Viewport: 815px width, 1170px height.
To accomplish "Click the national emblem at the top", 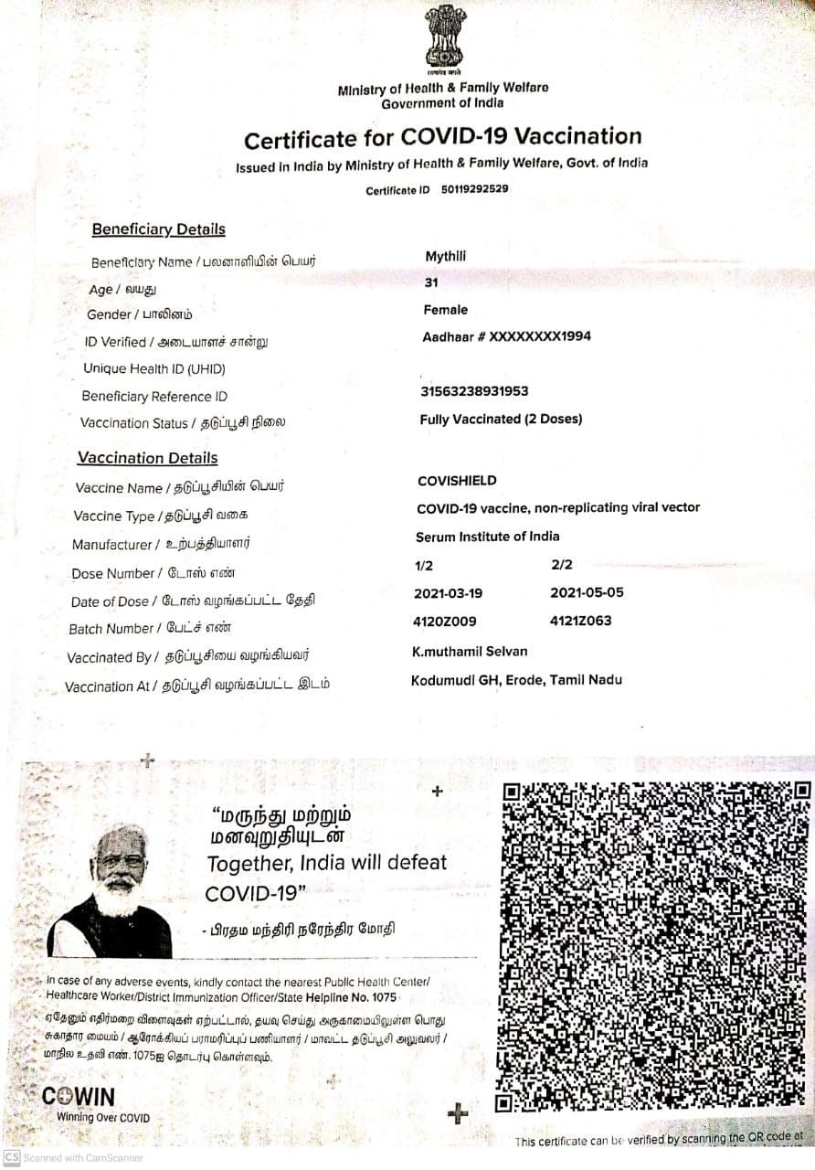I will [444, 40].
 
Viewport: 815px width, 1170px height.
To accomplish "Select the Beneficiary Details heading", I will [158, 229].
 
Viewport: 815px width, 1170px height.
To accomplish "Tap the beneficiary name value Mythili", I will [445, 257].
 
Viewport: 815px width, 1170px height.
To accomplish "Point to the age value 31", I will [431, 283].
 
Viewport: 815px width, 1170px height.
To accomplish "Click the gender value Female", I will [445, 310].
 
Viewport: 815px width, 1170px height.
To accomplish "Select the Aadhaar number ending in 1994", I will [506, 336].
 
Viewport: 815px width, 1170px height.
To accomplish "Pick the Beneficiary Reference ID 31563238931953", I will [474, 391].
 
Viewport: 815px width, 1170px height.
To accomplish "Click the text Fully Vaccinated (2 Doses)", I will [501, 420].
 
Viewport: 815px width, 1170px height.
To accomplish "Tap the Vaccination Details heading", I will [147, 458].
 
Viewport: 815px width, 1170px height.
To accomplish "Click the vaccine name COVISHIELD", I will [457, 481].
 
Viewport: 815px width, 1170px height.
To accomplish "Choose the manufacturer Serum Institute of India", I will [487, 537].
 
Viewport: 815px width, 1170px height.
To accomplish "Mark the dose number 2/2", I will [562, 565].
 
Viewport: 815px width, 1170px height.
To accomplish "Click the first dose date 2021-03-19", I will [448, 593].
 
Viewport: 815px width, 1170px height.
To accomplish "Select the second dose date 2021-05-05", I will [587, 592].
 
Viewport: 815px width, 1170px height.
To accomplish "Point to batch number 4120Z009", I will [445, 622].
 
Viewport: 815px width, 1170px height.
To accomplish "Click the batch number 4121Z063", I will [581, 622].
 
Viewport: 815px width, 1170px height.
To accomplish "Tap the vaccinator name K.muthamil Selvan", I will [470, 652].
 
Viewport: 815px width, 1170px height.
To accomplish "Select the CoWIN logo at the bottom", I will [79, 1097].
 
